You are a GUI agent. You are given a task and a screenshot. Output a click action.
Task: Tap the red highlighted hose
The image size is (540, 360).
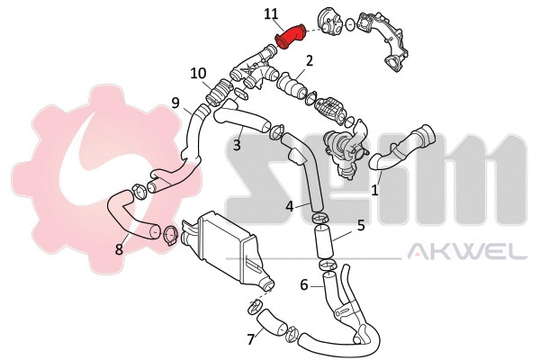point(289,35)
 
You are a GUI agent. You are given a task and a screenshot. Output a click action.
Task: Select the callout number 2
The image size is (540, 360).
point(309,61)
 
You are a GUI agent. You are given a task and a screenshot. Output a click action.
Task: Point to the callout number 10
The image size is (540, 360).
point(198,73)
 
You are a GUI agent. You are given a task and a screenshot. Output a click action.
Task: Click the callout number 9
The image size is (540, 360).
point(175,103)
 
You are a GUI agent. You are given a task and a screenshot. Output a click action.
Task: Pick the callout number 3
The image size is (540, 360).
point(237,144)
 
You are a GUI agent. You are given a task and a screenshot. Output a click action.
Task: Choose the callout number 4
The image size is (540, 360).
point(290,206)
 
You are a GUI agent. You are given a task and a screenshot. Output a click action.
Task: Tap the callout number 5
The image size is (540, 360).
point(360,226)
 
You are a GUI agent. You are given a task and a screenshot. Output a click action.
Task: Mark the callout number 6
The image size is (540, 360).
point(304,285)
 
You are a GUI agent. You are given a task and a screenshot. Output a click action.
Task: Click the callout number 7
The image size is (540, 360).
point(250,339)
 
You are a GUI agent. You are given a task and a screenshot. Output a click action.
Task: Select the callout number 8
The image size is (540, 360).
point(119,249)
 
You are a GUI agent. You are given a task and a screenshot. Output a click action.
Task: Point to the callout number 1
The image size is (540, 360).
point(375,190)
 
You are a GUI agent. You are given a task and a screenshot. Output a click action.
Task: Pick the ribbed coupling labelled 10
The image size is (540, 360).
point(218,90)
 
